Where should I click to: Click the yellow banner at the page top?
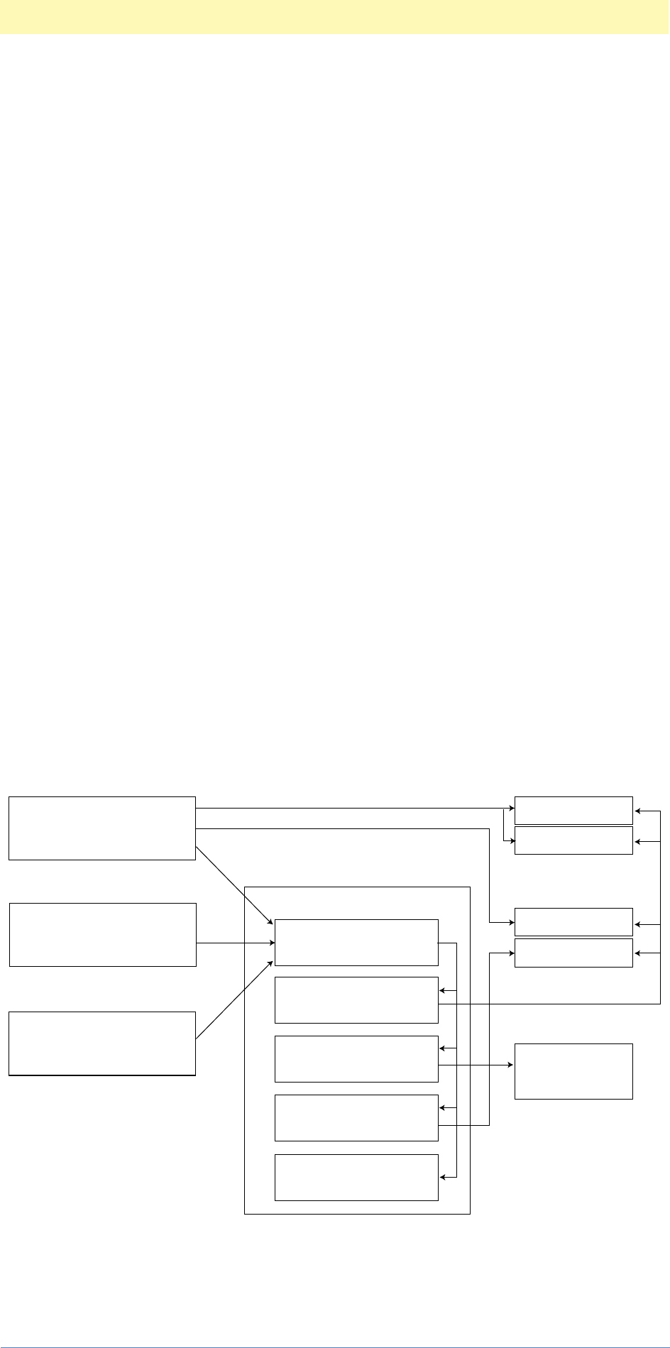point(334,16)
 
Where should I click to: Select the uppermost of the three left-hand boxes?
point(101,828)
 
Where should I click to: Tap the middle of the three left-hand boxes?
point(102,934)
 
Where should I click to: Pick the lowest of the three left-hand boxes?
point(101,1043)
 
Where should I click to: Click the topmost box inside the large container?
point(356,942)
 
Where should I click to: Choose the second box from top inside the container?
point(356,999)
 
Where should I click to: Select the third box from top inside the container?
point(356,1058)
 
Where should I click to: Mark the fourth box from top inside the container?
point(356,1117)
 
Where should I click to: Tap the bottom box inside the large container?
point(356,1177)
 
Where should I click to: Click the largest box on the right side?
point(573,1071)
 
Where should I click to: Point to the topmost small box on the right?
point(573,810)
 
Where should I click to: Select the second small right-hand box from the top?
point(573,840)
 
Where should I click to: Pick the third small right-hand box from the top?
point(573,921)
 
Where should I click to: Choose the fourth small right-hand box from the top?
point(573,953)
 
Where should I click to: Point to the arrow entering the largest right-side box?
point(476,1065)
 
